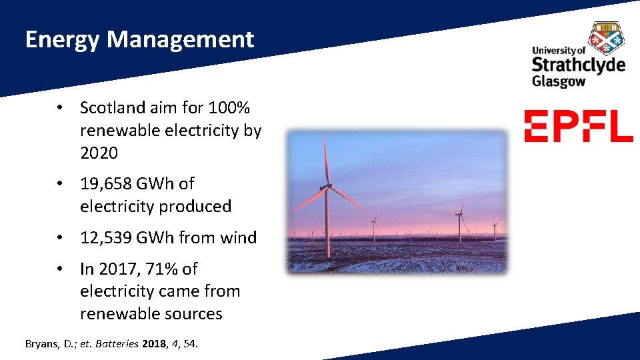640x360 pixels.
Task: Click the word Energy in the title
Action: click(62, 40)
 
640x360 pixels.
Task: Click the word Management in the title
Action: click(180, 40)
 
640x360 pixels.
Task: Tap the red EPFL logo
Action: click(578, 126)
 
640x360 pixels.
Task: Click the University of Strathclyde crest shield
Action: click(607, 37)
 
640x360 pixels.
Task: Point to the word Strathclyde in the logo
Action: click(578, 65)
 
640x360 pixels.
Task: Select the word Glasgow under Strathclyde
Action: click(559, 81)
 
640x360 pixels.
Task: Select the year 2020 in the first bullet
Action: click(99, 153)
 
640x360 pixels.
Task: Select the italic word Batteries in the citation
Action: click(119, 344)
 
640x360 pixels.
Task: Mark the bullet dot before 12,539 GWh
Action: click(60, 237)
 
